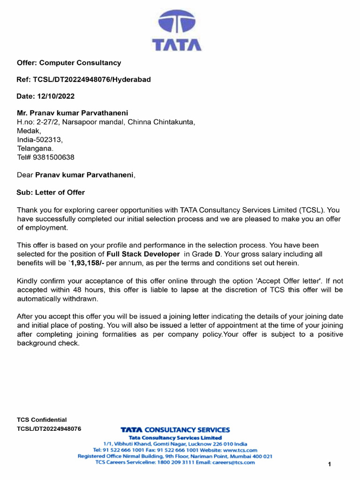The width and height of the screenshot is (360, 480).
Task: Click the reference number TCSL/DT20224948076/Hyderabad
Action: pyautogui.click(x=84, y=79)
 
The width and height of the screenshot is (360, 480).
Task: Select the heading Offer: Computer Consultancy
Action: pyautogui.click(x=69, y=62)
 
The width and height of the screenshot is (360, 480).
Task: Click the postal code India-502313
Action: pyautogui.click(x=40, y=140)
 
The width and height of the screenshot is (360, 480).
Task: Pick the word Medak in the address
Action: pyautogui.click(x=29, y=131)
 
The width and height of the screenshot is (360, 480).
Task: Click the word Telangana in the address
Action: pyautogui.click(x=36, y=149)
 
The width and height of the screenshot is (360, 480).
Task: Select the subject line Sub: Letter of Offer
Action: pyautogui.click(x=51, y=192)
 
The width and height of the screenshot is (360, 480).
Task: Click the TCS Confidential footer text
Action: pyautogui.click(x=42, y=420)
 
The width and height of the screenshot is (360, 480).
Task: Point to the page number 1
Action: pyautogui.click(x=330, y=464)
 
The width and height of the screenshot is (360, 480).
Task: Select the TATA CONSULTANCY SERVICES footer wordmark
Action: pyautogui.click(x=175, y=429)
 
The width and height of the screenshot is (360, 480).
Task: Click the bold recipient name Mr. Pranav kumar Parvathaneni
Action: pyautogui.click(x=73, y=113)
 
